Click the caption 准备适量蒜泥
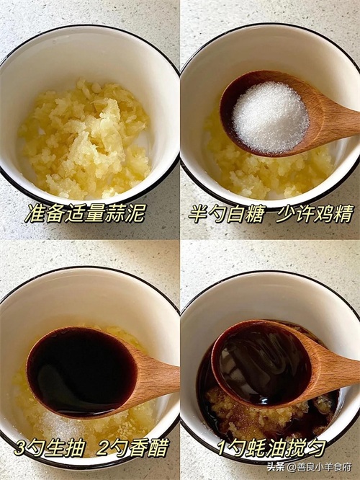click(x=84, y=213)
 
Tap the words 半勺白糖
click(x=226, y=213)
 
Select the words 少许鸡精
click(x=315, y=213)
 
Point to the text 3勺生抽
click(x=49, y=448)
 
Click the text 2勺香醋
click(x=132, y=448)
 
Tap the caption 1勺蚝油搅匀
click(x=272, y=448)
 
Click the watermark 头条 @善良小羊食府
click(x=309, y=467)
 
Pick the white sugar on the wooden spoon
click(x=271, y=118)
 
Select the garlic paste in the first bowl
click(x=84, y=139)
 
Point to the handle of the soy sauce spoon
click(x=158, y=380)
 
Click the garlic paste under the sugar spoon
click(x=269, y=174)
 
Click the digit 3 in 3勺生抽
click(x=19, y=448)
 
